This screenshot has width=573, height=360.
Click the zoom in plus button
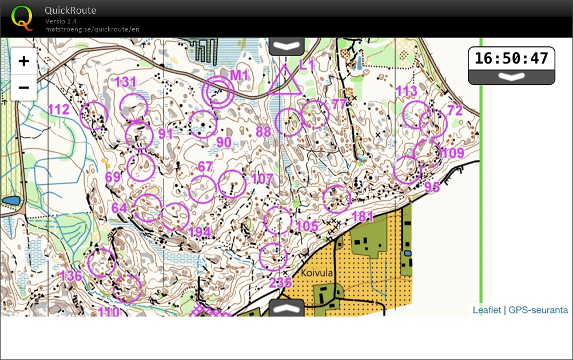click(23, 62)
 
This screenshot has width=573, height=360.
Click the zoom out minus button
click(23, 88)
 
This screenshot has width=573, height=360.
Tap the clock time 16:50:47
click(511, 58)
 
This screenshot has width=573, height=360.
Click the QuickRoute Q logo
click(22, 18)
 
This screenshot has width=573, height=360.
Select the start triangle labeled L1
click(284, 81)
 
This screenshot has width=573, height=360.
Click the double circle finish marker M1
click(218, 92)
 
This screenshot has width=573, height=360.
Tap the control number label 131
click(126, 82)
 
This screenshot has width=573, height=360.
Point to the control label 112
click(58, 109)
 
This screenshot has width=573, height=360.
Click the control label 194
click(200, 232)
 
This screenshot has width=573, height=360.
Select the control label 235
click(280, 282)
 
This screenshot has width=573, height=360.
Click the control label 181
click(363, 216)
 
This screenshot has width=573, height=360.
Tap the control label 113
click(407, 91)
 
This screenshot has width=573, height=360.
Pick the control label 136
click(71, 276)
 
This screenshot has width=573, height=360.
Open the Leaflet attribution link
click(487, 310)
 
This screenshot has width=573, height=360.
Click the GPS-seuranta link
click(538, 310)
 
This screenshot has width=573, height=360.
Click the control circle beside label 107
click(232, 184)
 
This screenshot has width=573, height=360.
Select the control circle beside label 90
click(203, 124)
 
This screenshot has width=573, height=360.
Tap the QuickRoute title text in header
click(70, 10)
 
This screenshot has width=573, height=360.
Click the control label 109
click(452, 153)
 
